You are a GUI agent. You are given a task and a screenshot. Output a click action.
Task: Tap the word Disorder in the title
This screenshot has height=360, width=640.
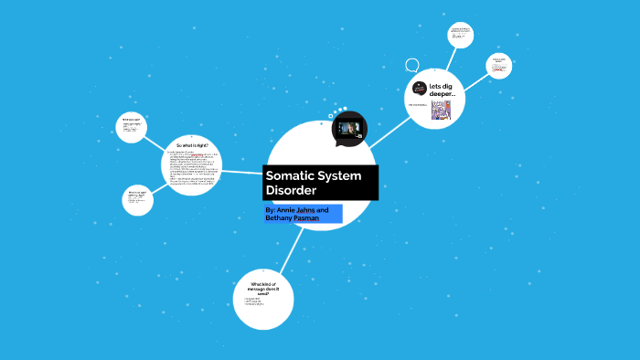(x=291, y=191)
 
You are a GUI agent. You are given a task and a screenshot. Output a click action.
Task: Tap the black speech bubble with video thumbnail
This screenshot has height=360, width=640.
(x=349, y=128)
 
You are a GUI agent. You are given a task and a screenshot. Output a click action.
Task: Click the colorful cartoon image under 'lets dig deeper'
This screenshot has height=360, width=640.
(x=442, y=111)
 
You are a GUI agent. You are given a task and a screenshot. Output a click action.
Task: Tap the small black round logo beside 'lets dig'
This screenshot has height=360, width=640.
(x=420, y=88)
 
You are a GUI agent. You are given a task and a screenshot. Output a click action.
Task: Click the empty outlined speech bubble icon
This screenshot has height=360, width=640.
(x=412, y=66)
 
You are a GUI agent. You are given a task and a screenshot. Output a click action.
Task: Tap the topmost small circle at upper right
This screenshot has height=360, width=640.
(x=460, y=35)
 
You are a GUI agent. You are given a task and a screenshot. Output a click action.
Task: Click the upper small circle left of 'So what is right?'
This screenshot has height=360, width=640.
(x=133, y=126)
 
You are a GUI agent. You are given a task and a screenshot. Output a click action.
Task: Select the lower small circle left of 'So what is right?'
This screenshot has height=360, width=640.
(x=136, y=200)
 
